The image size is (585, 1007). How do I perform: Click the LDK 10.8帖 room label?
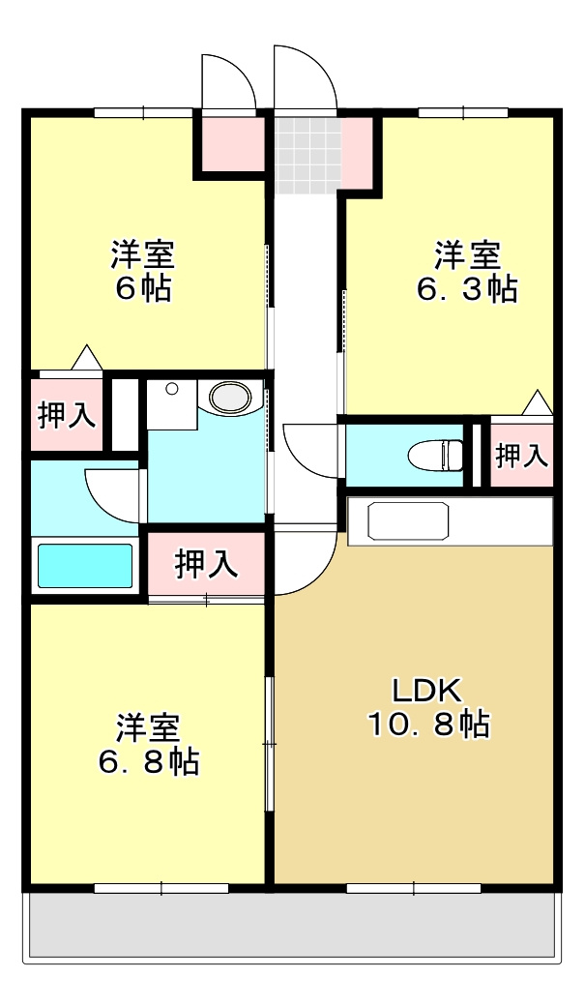tap(426, 708)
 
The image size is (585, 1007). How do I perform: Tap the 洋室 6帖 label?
tap(142, 272)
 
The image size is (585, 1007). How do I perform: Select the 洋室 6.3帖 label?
tap(467, 272)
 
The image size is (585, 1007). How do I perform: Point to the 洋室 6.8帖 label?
tap(149, 745)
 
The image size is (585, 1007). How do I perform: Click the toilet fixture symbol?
tap(441, 453)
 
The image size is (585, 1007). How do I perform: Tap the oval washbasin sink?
tap(229, 396)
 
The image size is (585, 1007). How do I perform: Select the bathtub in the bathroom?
tap(85, 566)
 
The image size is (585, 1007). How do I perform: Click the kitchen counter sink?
tap(408, 521)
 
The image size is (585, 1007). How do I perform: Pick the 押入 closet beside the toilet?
tap(522, 455)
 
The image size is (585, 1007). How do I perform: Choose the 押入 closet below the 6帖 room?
tap(66, 415)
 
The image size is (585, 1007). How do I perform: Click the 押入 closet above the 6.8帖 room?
tap(206, 564)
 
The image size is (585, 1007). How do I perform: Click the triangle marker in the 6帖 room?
tap(87, 357)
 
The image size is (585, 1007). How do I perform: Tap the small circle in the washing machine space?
tap(172, 389)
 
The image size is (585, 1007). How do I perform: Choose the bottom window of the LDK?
tap(413, 886)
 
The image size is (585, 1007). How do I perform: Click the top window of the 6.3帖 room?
tap(463, 112)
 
